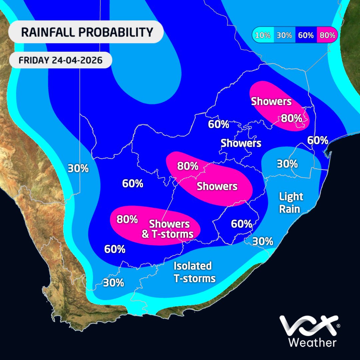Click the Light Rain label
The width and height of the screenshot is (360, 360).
291,203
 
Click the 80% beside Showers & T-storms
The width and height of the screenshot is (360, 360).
127,219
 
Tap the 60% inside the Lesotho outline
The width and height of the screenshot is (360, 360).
241,224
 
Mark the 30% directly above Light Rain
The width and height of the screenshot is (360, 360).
287,164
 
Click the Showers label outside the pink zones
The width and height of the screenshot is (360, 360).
241,143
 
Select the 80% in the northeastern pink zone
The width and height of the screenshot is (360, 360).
291,118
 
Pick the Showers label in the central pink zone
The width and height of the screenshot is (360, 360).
217,186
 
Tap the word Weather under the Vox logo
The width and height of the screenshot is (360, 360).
312,342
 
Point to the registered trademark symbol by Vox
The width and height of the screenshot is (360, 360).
338,325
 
